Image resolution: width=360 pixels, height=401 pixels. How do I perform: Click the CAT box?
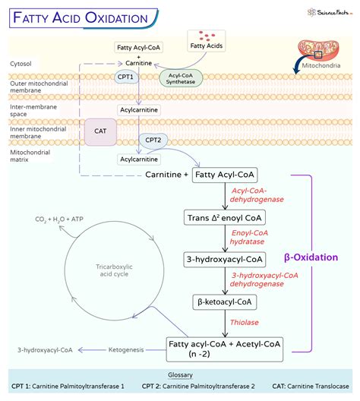pyautogui.click(x=99, y=131)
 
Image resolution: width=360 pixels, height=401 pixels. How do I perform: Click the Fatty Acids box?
pyautogui.click(x=205, y=47)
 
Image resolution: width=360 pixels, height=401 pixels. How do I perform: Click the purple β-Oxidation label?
pyautogui.click(x=311, y=257)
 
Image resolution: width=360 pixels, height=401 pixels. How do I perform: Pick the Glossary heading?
pyautogui.click(x=180, y=375)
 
